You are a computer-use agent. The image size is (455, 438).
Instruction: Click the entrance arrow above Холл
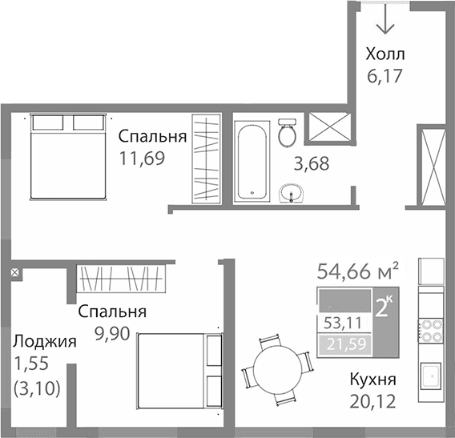[x=385, y=19]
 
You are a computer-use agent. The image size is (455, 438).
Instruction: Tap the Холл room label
[x=385, y=55]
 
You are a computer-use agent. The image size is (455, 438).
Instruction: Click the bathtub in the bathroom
[x=254, y=160]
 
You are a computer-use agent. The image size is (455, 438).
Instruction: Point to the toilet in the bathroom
[x=288, y=133]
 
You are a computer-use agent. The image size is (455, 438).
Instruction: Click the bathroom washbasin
[x=292, y=192]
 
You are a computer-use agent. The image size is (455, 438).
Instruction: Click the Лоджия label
[x=45, y=341]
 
